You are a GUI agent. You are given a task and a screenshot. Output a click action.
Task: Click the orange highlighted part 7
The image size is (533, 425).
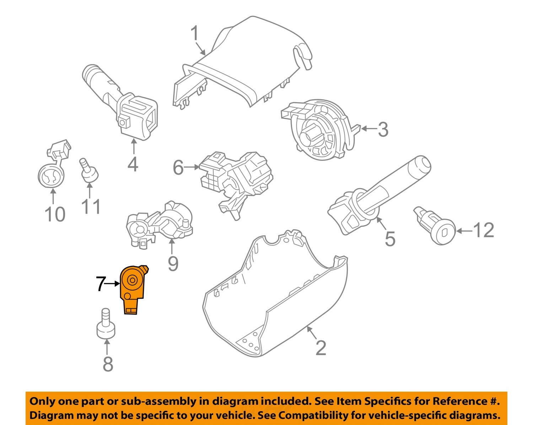pyautogui.click(x=132, y=288)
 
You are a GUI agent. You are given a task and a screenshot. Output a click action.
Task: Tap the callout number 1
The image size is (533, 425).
pyautogui.click(x=195, y=34)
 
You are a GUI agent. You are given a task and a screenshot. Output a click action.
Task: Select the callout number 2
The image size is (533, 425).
pyautogui.click(x=321, y=348)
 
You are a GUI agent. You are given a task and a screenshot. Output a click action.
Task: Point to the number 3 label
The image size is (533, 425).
pyautogui.click(x=383, y=130)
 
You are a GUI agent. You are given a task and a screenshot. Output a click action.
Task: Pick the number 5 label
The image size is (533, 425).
pyautogui.click(x=390, y=239)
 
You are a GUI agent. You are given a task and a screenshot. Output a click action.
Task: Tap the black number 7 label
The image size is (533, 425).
pyautogui.click(x=101, y=284)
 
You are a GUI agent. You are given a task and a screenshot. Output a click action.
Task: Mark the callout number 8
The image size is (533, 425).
pyautogui.click(x=108, y=364)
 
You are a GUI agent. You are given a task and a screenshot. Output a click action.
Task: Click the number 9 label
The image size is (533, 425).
pyautogui.click(x=173, y=263)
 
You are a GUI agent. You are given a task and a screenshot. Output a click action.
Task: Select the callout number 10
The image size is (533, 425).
pyautogui.click(x=55, y=214)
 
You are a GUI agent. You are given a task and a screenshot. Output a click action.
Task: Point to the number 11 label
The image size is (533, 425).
pyautogui.click(x=91, y=207)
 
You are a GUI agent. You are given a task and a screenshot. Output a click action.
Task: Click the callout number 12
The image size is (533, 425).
pyautogui.click(x=484, y=230)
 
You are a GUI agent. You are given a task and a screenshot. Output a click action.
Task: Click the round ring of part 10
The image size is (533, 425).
pyautogui.click(x=52, y=176)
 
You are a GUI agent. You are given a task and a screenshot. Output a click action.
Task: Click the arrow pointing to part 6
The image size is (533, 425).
pyautogui.click(x=192, y=167)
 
